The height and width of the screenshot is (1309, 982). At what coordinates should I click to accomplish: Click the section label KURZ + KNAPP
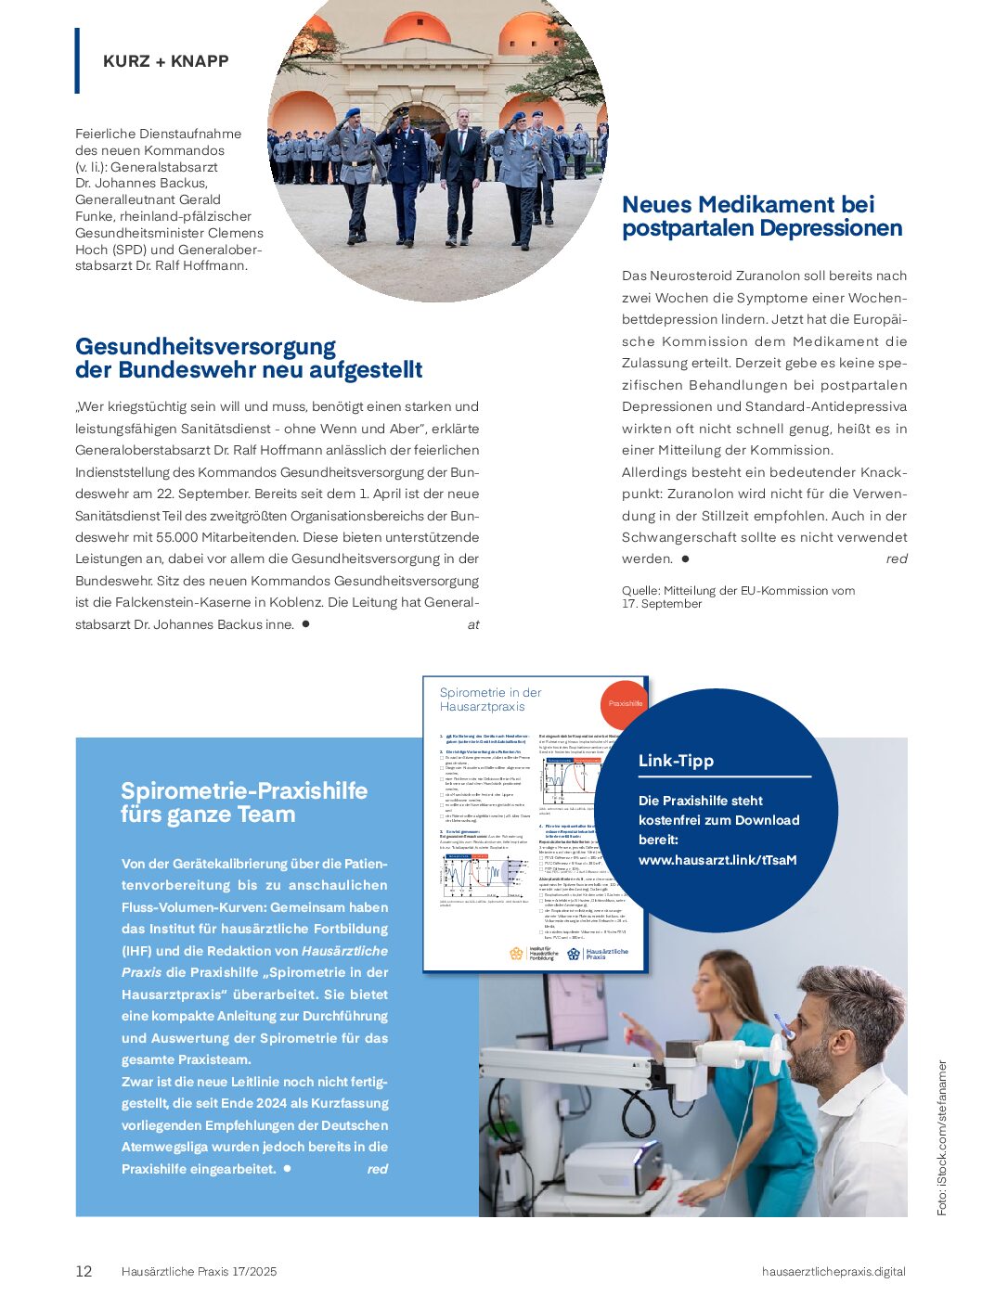tap(165, 61)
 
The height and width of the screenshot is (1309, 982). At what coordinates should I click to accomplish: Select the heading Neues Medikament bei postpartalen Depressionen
tap(761, 216)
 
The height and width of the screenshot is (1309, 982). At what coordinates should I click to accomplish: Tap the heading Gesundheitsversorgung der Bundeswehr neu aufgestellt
tap(248, 358)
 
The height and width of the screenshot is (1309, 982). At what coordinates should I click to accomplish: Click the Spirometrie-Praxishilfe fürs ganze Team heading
tap(244, 802)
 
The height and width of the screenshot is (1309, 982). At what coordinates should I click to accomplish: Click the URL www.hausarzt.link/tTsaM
tap(717, 860)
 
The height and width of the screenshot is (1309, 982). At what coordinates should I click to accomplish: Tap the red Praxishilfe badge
tap(625, 703)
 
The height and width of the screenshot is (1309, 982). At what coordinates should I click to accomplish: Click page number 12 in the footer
tap(84, 1272)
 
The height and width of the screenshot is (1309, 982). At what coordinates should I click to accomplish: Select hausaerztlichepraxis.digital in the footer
tap(833, 1272)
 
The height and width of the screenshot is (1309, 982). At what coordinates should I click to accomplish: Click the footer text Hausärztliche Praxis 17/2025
tap(199, 1272)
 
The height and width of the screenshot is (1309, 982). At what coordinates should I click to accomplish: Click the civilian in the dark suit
tap(461, 176)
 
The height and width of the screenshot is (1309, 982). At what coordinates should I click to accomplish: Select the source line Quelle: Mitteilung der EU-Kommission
tap(738, 597)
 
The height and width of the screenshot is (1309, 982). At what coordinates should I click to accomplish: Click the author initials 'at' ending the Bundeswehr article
tap(473, 625)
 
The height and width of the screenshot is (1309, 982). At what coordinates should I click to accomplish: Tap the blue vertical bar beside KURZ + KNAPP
tap(77, 60)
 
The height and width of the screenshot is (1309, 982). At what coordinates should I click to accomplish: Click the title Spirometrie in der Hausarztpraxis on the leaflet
tap(490, 699)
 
